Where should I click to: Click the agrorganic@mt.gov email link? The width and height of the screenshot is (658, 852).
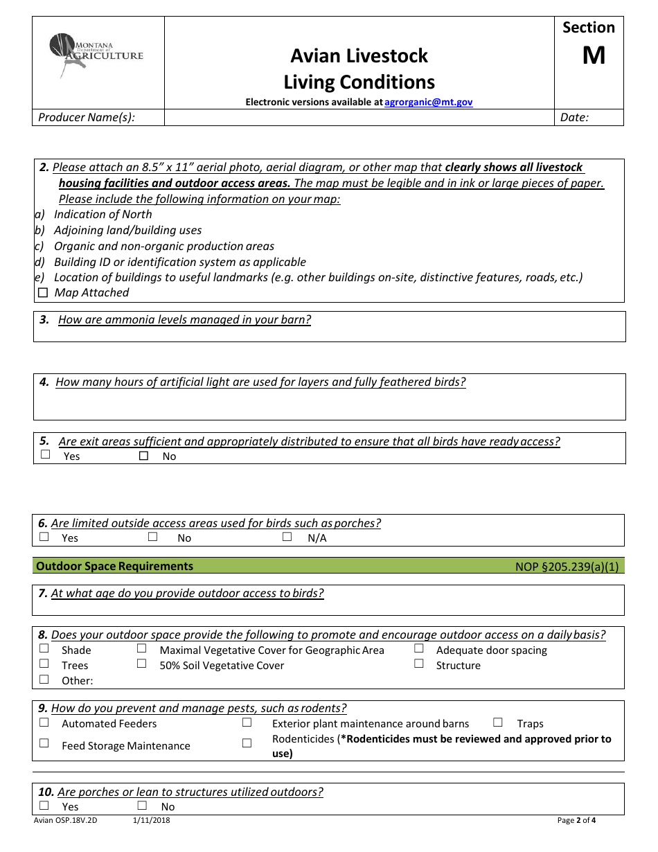point(428,102)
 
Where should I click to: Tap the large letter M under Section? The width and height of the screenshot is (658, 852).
point(594,55)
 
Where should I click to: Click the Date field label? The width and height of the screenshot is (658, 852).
point(574,117)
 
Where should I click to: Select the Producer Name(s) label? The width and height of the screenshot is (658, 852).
point(87,117)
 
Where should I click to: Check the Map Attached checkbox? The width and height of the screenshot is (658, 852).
point(44,293)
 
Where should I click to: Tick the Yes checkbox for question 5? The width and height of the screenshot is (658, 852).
point(46,455)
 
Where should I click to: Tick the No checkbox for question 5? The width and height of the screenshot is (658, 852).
point(144,456)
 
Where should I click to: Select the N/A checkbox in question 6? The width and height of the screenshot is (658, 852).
point(287,537)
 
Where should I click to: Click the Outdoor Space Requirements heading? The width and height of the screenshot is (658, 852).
point(115,566)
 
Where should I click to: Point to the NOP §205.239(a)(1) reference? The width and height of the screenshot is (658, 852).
point(567,567)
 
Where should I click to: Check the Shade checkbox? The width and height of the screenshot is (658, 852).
point(44,648)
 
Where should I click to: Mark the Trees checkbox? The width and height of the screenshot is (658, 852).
point(44,664)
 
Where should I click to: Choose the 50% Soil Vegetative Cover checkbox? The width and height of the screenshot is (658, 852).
point(142,664)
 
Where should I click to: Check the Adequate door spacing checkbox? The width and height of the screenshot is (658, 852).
point(419,648)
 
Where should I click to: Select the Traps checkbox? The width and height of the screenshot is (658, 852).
point(497,722)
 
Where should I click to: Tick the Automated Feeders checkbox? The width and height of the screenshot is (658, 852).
point(44,722)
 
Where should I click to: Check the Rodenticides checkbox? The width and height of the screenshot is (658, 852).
point(247,743)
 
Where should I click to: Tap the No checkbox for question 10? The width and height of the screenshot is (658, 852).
point(142,806)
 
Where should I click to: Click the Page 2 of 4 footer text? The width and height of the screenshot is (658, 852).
point(576,821)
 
